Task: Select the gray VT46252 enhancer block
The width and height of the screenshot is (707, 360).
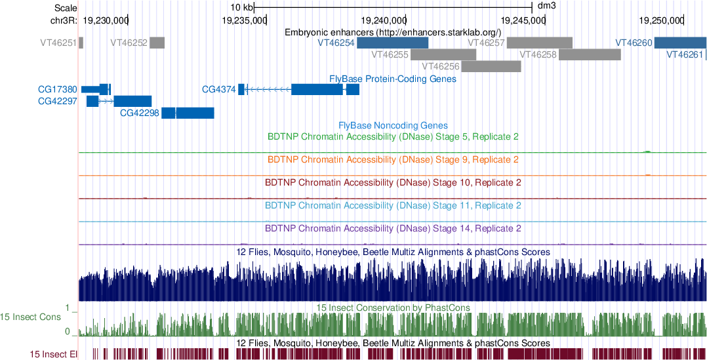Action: pyautogui.click(x=157, y=43)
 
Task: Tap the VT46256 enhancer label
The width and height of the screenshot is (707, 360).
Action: pyautogui.click(x=440, y=66)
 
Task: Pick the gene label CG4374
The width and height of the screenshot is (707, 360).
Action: pyautogui.click(x=218, y=89)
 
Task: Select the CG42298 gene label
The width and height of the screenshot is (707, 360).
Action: pyautogui.click(x=140, y=113)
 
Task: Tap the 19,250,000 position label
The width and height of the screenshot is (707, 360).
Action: pyautogui.click(x=658, y=20)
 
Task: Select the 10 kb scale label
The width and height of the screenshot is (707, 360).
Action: pyautogui.click(x=241, y=7)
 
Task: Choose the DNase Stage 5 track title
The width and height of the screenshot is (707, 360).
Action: pyautogui.click(x=393, y=137)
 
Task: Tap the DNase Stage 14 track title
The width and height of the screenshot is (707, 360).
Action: pyautogui.click(x=393, y=229)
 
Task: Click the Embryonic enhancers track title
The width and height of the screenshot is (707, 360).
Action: pyautogui.click(x=393, y=32)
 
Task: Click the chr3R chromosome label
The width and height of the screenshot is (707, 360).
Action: pyautogui.click(x=64, y=20)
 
